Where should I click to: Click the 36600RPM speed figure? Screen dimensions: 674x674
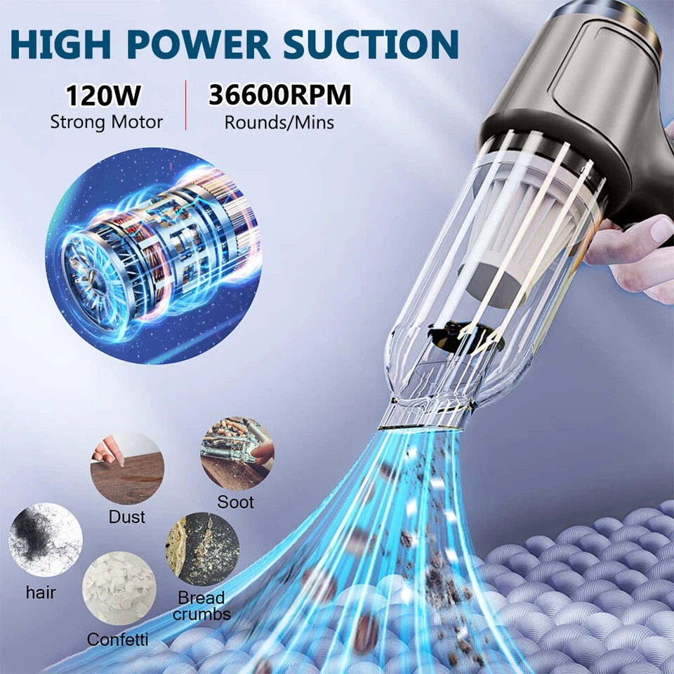tap(279, 95)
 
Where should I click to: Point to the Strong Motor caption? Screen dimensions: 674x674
tap(106, 122)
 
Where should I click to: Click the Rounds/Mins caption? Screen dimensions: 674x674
tap(279, 122)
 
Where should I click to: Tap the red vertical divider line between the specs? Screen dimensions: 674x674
tap(185, 105)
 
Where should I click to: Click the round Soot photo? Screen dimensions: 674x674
tap(237, 454)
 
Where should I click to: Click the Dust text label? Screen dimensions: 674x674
tap(127, 517)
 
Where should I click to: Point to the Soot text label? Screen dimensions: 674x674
tap(236, 503)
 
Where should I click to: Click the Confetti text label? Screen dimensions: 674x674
tap(118, 640)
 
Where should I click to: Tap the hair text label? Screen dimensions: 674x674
tap(41, 592)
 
